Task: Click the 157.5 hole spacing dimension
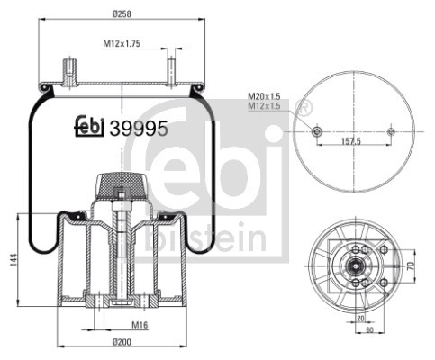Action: pyautogui.click(x=352, y=140)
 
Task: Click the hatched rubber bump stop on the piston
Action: pyautogui.click(x=119, y=184)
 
